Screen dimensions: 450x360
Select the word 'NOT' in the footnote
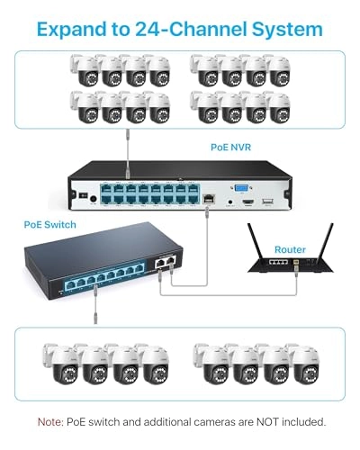point(250,420)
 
